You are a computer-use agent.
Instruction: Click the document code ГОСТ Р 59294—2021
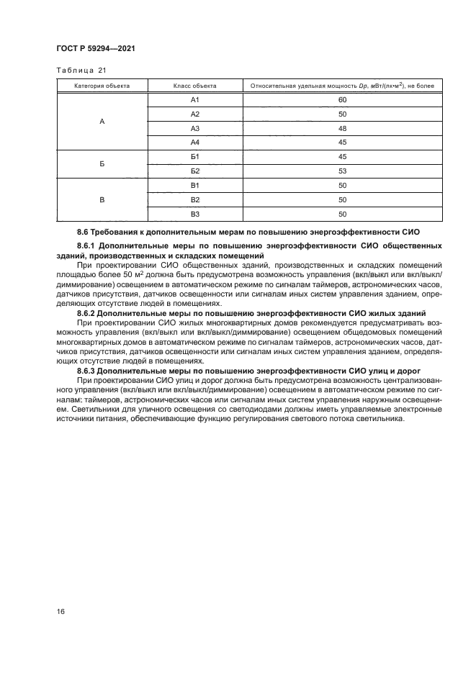[x=96, y=48]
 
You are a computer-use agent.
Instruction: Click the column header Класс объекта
[x=194, y=86]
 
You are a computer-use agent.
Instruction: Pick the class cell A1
[x=194, y=100]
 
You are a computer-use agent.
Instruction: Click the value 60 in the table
[x=342, y=100]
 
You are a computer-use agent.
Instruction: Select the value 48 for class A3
[x=342, y=128]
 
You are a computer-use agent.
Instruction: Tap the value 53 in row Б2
[x=342, y=171]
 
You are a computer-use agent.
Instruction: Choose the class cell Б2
[x=194, y=171]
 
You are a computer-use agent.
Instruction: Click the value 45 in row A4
[x=342, y=143]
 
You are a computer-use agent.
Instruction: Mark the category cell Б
[x=102, y=163]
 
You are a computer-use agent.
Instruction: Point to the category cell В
[x=102, y=199]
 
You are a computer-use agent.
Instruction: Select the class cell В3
[x=194, y=214]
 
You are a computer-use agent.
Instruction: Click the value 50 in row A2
[x=342, y=114]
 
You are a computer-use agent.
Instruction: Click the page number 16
[x=60, y=611]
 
